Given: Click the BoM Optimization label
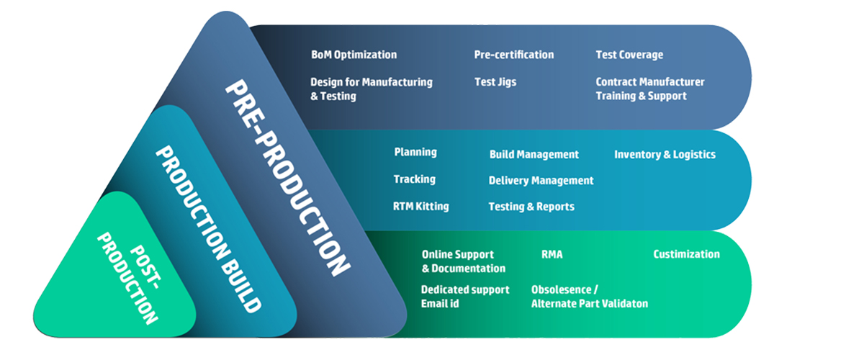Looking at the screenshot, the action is click(354, 55).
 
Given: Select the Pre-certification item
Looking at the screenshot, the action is click(514, 55).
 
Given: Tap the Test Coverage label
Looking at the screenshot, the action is click(629, 55).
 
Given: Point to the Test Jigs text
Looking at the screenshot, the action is click(495, 82).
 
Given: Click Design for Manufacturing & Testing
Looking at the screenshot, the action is click(372, 89).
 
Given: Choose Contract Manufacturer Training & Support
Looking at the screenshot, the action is click(650, 89).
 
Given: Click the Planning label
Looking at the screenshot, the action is click(415, 152).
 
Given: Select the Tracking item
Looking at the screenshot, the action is click(415, 179).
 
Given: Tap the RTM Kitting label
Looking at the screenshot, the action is click(420, 207).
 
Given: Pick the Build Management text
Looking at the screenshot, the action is click(534, 154).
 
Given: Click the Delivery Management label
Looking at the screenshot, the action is click(541, 181).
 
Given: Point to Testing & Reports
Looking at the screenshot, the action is click(531, 207).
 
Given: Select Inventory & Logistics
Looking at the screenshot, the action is click(665, 154).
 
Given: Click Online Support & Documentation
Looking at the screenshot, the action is click(464, 261).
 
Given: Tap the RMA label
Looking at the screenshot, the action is click(552, 254).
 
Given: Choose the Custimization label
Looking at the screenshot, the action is click(687, 254).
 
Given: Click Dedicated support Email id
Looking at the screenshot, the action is click(465, 297).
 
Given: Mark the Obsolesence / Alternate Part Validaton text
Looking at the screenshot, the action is click(590, 297).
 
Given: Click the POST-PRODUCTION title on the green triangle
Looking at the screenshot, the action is click(129, 278).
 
